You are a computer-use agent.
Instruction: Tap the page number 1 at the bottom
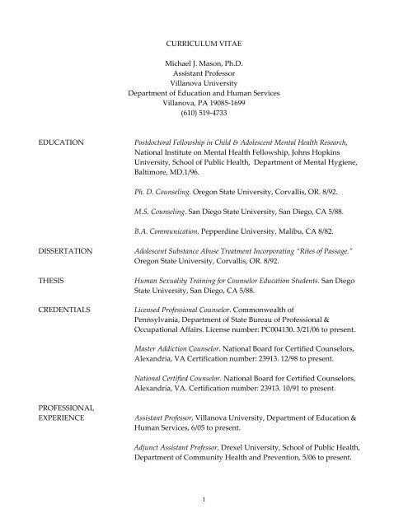coord(204,497)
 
